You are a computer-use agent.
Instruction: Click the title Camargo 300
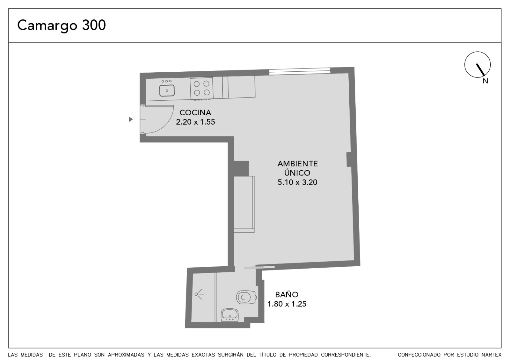click(62, 25)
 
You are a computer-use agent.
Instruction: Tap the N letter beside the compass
click(485, 81)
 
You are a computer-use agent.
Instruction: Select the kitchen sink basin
click(167, 90)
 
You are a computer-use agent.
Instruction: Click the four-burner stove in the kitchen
click(202, 88)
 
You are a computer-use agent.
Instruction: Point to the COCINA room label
click(195, 112)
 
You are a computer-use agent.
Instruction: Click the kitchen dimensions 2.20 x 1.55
click(195, 122)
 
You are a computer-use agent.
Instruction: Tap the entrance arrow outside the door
click(131, 119)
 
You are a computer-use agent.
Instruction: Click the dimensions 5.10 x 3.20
click(297, 182)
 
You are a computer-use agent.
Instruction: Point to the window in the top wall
click(300, 71)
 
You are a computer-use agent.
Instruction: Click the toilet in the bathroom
click(247, 297)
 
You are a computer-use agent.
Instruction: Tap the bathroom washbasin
click(230, 315)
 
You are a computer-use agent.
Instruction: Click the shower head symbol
click(200, 294)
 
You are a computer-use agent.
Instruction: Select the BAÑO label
click(287, 295)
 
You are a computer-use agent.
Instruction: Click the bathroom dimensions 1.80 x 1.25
click(287, 304)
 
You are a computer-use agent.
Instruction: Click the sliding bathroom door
click(259, 268)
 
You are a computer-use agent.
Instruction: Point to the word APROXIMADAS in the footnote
click(126, 355)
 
